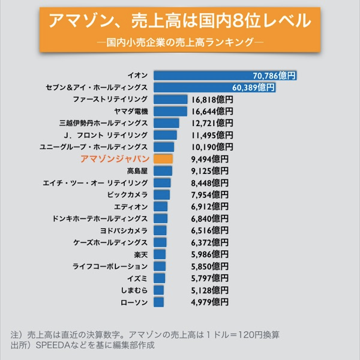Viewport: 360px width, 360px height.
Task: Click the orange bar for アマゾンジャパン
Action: click(163, 159)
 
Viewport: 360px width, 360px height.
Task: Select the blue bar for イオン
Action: click(226, 76)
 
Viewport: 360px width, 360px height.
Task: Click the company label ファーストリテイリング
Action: click(110, 100)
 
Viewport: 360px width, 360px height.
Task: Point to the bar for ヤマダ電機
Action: click(170, 112)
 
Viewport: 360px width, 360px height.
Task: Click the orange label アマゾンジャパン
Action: click(114, 159)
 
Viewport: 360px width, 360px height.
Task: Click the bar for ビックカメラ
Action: click(161, 195)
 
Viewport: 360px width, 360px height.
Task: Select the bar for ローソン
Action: click(158, 302)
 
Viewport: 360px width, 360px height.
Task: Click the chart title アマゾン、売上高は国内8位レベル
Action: click(179, 22)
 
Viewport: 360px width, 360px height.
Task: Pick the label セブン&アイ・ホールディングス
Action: click(97, 88)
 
